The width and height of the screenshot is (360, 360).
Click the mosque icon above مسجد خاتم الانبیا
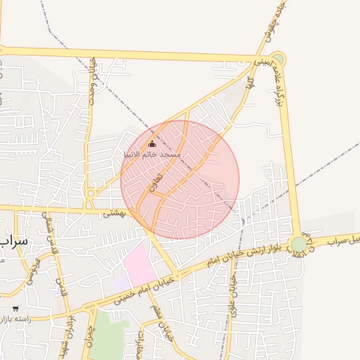tap(151, 143)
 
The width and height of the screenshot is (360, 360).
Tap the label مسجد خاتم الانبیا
tap(152, 153)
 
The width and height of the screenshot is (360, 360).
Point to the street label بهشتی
tap(113, 213)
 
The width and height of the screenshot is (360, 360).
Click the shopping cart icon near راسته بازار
tap(15, 309)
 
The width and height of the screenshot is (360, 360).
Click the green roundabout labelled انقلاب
tap(300, 243)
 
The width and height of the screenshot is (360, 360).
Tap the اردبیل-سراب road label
tap(340, 237)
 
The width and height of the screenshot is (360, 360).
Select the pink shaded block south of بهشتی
tap(139, 266)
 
